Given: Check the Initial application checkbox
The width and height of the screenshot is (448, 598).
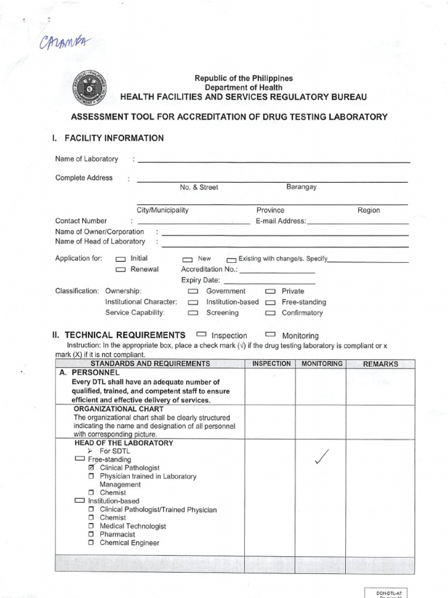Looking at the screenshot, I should click(121, 259).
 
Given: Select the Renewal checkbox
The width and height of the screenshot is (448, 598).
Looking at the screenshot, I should click(121, 270).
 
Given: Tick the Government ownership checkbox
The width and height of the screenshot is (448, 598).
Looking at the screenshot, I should click(193, 291).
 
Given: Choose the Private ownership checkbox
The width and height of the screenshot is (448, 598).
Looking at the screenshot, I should click(270, 291).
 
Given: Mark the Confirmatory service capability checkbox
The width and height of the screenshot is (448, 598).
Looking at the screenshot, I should click(270, 313).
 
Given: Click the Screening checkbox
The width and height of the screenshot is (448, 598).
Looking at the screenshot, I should click(193, 313).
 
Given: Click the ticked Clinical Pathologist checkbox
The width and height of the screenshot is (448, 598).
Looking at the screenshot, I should click(91, 468).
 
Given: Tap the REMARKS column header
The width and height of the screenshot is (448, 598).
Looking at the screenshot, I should click(380, 364).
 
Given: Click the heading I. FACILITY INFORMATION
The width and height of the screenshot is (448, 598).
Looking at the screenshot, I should click(108, 138).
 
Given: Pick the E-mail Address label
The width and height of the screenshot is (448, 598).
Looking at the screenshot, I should click(281, 221).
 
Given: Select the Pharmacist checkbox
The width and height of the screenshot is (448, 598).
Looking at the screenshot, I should click(91, 534).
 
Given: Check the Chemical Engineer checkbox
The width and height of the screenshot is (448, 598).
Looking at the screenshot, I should click(91, 543).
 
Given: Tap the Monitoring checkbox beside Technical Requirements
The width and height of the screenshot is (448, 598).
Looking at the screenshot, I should click(270, 335).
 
